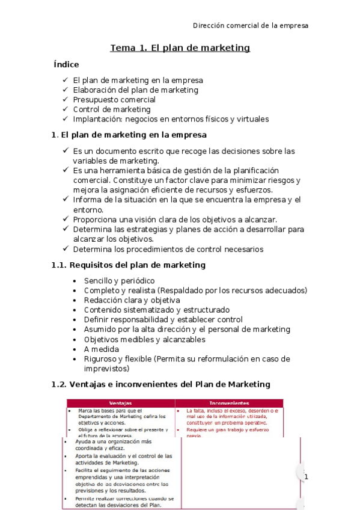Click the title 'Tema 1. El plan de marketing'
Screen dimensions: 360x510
pos(180,48)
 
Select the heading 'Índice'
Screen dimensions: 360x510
pos(66,64)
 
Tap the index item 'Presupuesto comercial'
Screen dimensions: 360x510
pos(114,100)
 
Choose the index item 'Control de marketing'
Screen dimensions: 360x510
pos(112,109)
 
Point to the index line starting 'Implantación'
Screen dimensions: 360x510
pos(171,119)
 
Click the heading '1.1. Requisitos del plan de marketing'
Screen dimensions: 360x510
pos(129,265)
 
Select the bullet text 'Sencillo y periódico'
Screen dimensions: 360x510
pos(120,281)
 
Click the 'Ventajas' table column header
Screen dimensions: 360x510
pos(120,402)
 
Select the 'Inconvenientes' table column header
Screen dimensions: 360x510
pos(230,402)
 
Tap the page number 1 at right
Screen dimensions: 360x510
pos(305,477)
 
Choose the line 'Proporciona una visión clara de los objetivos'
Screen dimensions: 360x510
pos(174,220)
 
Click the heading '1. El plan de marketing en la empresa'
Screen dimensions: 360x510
pos(129,135)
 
